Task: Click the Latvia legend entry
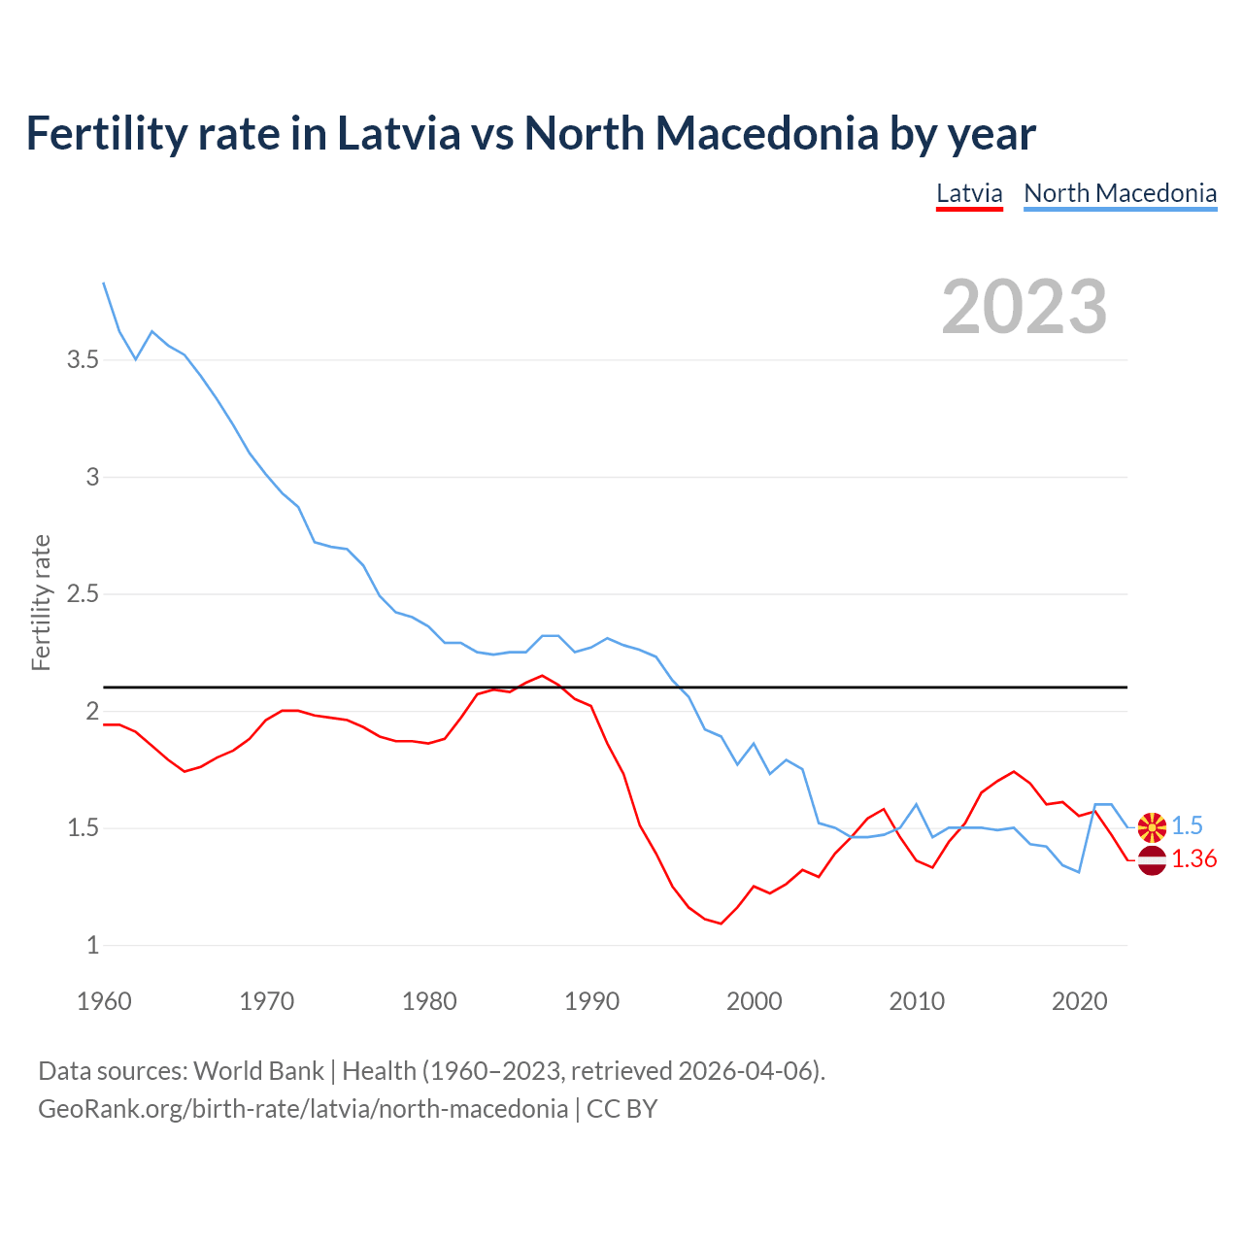pyautogui.click(x=969, y=193)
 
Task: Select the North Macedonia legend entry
pyautogui.click(x=1120, y=193)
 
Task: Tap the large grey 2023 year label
pyautogui.click(x=1025, y=307)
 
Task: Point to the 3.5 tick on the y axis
pyautogui.click(x=83, y=360)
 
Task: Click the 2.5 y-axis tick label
pyautogui.click(x=83, y=594)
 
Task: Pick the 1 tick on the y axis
pyautogui.click(x=93, y=946)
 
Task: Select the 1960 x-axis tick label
pyautogui.click(x=104, y=1001)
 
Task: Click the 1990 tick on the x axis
pyautogui.click(x=591, y=1001)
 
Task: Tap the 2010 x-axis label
pyautogui.click(x=917, y=1001)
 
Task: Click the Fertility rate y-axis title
pyautogui.click(x=41, y=602)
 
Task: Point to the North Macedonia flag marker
pyautogui.click(x=1152, y=827)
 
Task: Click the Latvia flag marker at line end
pyautogui.click(x=1152, y=860)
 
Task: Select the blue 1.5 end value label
pyautogui.click(x=1187, y=826)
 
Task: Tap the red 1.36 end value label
pyautogui.click(x=1193, y=859)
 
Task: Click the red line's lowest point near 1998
pyautogui.click(x=721, y=924)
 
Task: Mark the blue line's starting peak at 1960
pyautogui.click(x=104, y=284)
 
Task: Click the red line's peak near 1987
pyautogui.click(x=542, y=676)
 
